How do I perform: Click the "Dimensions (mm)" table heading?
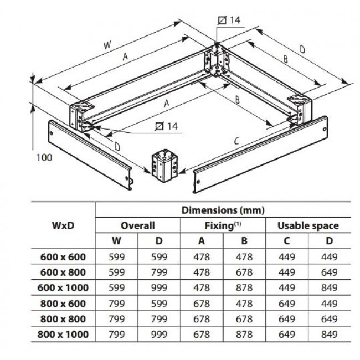[x=223, y=210]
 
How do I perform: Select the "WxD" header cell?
[x=63, y=225]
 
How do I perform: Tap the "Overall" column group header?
[x=138, y=225]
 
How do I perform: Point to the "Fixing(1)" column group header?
[x=223, y=225]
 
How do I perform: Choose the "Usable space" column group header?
[x=308, y=225]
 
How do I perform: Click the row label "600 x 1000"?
[x=63, y=288]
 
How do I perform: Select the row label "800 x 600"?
[x=63, y=304]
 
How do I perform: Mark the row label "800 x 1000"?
[x=63, y=335]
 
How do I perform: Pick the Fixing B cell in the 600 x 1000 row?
[x=244, y=288]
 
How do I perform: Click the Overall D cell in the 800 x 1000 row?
[x=159, y=335]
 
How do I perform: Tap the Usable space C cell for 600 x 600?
[x=286, y=257]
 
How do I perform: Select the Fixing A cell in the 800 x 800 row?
[x=202, y=319]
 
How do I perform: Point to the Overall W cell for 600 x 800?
[x=117, y=272]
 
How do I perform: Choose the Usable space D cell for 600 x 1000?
[x=329, y=288]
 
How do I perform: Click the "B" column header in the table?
[x=244, y=241]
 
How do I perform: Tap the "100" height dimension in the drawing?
[x=44, y=157]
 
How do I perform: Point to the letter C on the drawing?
[x=237, y=142]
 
